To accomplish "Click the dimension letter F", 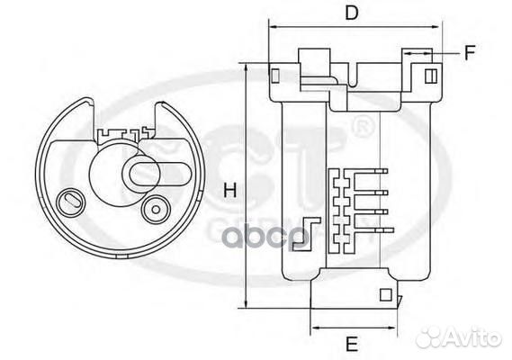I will click(470, 52).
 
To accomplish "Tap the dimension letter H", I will click(229, 190).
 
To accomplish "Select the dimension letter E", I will click(353, 342).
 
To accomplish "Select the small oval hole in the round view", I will click(70, 200).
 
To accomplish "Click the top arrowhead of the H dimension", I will click(245, 67).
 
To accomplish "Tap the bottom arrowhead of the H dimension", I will click(245, 307).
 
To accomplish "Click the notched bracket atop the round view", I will click(122, 135).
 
